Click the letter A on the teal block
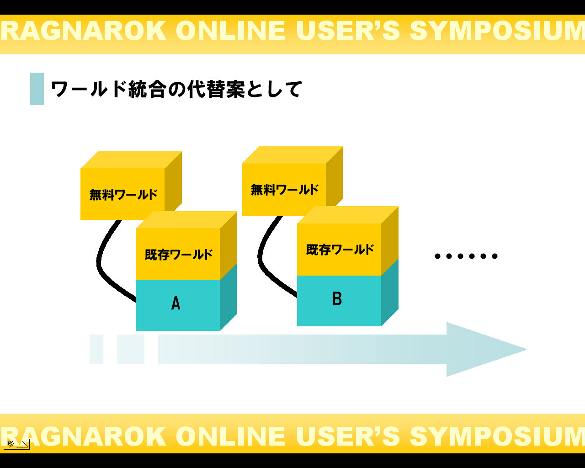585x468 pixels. click(176, 303)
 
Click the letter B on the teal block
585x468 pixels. click(337, 298)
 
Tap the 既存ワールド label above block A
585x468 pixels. click(179, 254)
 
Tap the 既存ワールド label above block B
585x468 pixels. click(340, 250)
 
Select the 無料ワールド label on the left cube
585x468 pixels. click(123, 195)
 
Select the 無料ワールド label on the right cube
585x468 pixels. click(285, 190)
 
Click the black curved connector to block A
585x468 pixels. click(101, 265)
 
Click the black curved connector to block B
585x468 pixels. click(262, 261)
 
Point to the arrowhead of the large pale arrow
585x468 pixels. click(484, 350)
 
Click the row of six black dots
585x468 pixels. click(466, 256)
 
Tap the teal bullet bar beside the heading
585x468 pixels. click(37, 89)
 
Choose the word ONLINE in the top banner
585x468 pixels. click(231, 31)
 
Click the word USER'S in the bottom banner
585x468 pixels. click(348, 436)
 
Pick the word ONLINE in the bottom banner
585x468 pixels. click(231, 436)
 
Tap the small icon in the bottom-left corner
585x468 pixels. click(16, 443)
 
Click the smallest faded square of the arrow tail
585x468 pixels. click(96, 349)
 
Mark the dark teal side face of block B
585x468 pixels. click(390, 292)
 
